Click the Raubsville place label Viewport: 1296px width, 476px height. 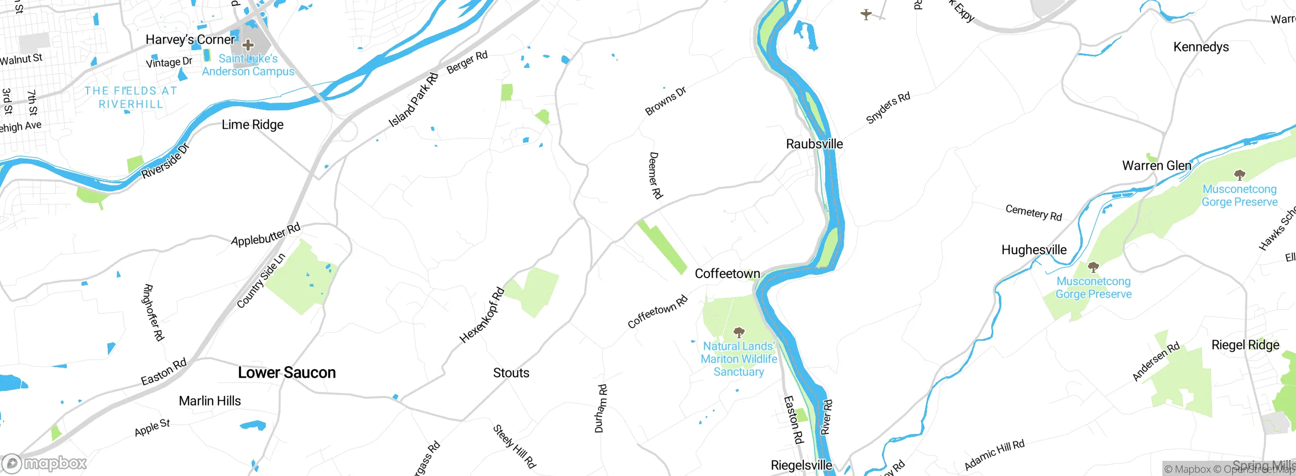tap(814, 144)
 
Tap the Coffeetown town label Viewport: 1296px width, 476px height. tap(727, 274)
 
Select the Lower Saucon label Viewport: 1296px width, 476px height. tap(287, 373)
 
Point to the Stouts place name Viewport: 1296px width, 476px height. tap(511, 373)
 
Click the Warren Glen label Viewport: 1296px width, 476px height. tap(1156, 166)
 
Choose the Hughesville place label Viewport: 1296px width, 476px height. tap(1034, 250)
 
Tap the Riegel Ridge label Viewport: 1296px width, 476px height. tap(1245, 345)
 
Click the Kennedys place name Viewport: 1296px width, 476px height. tap(1201, 47)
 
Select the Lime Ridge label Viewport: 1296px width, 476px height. tap(252, 125)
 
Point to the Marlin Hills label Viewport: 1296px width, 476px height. tap(210, 401)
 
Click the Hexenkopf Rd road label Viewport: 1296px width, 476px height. tap(481, 315)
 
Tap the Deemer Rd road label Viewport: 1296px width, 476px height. tap(656, 175)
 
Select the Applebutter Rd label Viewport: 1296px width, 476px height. tap(265, 234)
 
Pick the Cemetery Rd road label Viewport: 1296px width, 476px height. tap(1033, 213)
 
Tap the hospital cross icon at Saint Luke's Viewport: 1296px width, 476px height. tap(248, 45)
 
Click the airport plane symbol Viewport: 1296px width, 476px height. tap(866, 14)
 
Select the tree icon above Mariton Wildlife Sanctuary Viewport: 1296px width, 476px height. tap(739, 333)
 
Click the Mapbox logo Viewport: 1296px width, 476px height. tap(45, 463)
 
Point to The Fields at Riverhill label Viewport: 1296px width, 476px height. tap(131, 98)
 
